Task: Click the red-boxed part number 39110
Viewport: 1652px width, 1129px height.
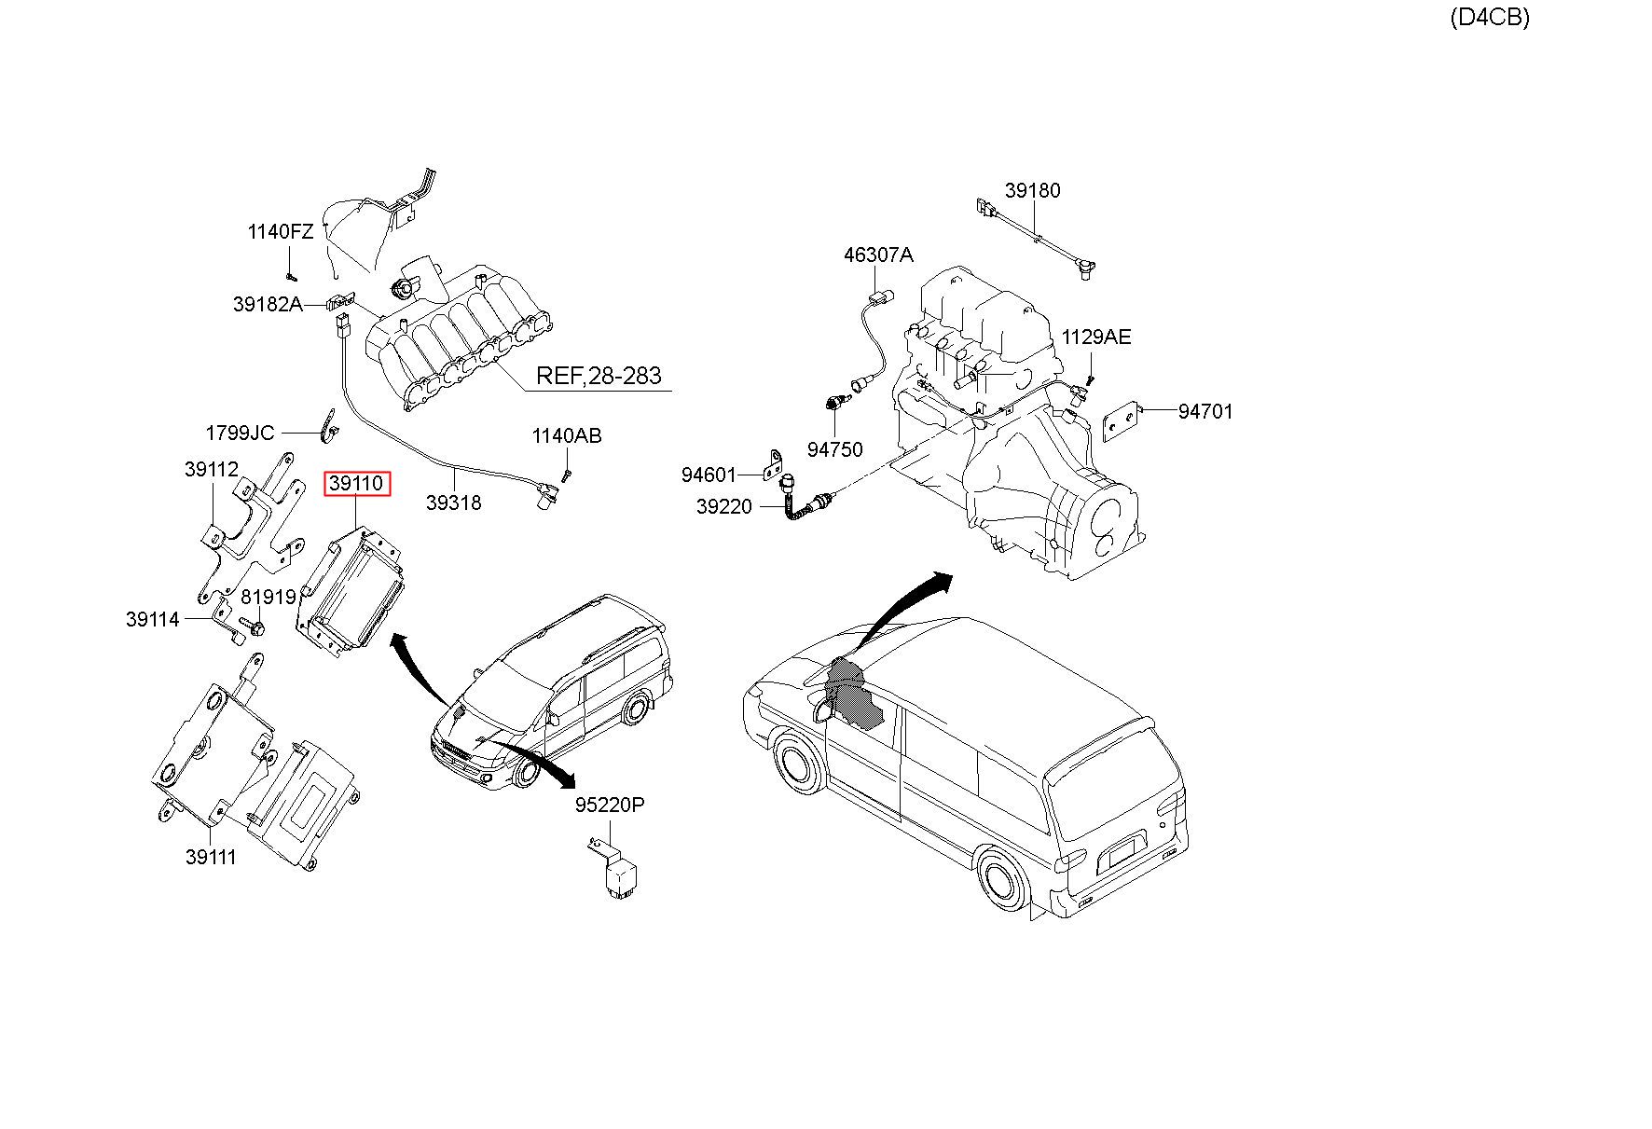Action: (x=356, y=484)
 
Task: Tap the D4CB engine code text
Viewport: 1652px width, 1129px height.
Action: (x=1489, y=17)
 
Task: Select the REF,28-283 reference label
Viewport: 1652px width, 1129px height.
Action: (x=599, y=376)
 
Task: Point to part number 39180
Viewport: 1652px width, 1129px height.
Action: (x=1032, y=190)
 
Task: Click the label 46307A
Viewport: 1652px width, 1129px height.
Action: (x=878, y=255)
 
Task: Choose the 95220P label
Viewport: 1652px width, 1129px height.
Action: (x=609, y=805)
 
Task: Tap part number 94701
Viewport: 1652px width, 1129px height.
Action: (x=1205, y=411)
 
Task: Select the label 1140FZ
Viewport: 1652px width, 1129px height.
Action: (x=281, y=231)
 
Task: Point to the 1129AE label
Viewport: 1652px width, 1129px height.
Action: (x=1096, y=337)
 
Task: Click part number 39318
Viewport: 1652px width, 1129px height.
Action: (x=453, y=503)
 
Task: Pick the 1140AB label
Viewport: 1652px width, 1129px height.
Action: (x=567, y=435)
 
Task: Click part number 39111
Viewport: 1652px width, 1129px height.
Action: (x=211, y=857)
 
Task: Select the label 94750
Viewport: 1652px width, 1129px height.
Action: (x=834, y=449)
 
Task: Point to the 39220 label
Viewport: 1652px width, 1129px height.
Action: (x=723, y=507)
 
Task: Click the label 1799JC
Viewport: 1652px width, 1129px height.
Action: (x=240, y=433)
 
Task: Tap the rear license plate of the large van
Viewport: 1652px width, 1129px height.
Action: (x=1122, y=851)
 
